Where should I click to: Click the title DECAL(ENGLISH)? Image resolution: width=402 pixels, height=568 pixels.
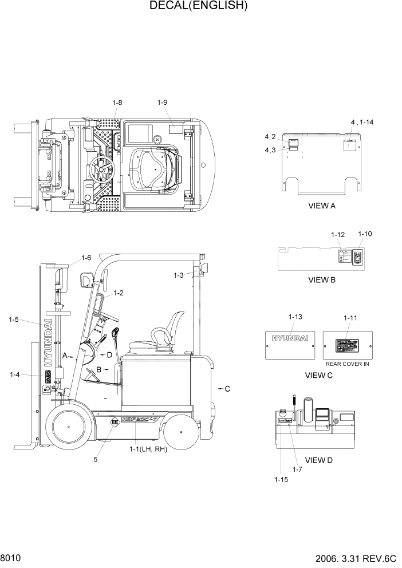pos(198,6)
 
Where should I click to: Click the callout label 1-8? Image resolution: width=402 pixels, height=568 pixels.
pos(117,102)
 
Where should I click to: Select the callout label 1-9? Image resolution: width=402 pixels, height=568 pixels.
pos(162,102)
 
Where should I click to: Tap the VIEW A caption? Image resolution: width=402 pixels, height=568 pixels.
pos(321,206)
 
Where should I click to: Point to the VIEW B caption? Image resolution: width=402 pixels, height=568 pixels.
pos(321,280)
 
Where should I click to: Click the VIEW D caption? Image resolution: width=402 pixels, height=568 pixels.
pos(318,460)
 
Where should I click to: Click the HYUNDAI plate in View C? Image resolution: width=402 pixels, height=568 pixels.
pos(290,344)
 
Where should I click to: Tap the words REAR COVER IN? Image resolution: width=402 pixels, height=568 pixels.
pos(348,364)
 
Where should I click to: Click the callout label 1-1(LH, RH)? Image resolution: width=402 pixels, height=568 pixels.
pos(148,449)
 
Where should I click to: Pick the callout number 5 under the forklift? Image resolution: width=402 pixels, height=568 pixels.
pos(96,459)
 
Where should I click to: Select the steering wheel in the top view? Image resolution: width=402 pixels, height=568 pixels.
pos(103,168)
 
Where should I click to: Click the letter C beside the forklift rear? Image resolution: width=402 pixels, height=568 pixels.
pos(227,389)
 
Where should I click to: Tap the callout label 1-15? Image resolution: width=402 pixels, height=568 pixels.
pos(281,479)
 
